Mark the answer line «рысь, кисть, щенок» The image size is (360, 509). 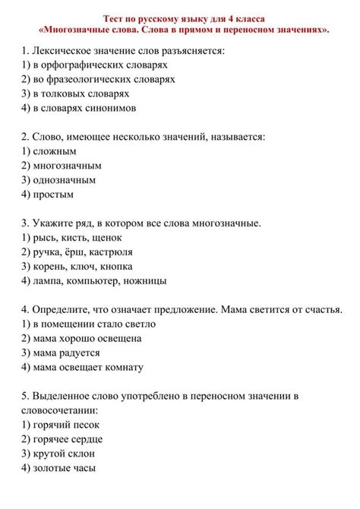[73, 236]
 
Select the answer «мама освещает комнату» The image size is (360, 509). [82, 366]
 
